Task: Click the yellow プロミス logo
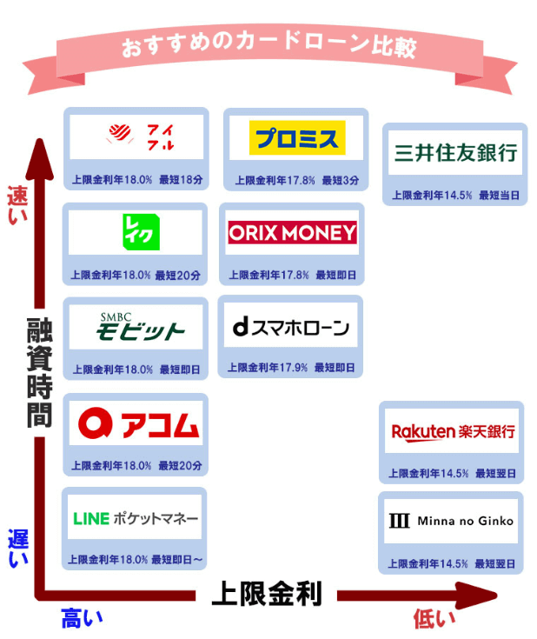tap(297, 137)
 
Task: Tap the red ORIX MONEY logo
tap(292, 232)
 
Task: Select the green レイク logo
tap(141, 232)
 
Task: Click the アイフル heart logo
tap(140, 137)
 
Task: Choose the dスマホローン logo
tap(291, 327)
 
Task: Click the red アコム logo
tap(138, 423)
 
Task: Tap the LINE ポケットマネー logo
tap(136, 518)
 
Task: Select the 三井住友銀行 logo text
tap(455, 153)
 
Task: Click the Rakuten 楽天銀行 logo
tap(453, 432)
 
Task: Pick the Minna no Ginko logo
tap(451, 521)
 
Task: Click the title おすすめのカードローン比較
tap(268, 46)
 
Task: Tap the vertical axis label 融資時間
tap(39, 372)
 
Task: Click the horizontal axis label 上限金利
tap(267, 594)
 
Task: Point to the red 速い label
tap(17, 205)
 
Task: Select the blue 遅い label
tap(18, 549)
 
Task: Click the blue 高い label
tap(82, 618)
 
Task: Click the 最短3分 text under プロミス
tap(341, 180)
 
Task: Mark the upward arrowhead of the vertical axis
tap(39, 159)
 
